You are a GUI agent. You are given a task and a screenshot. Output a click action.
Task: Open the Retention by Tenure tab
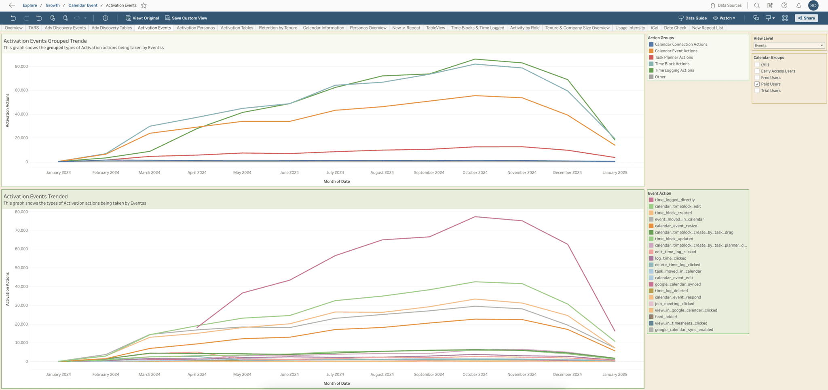click(278, 28)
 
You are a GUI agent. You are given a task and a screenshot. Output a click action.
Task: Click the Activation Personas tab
click(196, 28)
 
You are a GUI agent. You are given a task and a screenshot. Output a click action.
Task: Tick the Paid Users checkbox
click(757, 84)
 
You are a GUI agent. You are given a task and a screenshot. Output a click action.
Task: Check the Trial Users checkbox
click(757, 91)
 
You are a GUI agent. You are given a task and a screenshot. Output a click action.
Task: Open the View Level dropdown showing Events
click(789, 45)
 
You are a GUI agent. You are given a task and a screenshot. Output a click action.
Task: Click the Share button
click(806, 18)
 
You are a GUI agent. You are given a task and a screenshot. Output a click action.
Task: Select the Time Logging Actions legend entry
click(674, 70)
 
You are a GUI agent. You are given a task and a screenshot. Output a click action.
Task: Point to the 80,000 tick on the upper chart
click(21, 66)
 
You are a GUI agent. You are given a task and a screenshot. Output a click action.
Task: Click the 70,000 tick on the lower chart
click(21, 231)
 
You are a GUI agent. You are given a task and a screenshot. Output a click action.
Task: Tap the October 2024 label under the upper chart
click(475, 172)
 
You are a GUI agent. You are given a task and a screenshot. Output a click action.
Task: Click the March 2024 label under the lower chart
click(149, 374)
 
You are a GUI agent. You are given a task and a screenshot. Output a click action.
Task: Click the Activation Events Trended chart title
click(36, 196)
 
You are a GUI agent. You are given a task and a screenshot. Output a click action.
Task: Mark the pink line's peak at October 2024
click(475, 217)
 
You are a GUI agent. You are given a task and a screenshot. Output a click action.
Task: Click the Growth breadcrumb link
click(53, 5)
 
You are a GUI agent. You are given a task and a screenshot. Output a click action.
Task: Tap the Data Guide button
click(692, 18)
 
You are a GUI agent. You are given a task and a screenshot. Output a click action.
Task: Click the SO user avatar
click(813, 6)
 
